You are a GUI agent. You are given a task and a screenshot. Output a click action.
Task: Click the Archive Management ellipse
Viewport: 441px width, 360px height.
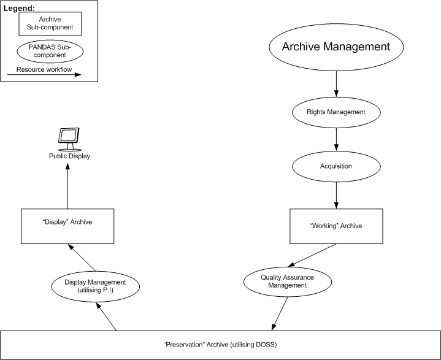click(x=336, y=47)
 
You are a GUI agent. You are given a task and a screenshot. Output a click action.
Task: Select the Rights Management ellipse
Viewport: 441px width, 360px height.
click(x=336, y=112)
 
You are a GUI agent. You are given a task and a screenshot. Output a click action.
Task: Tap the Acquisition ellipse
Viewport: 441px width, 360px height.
click(x=336, y=166)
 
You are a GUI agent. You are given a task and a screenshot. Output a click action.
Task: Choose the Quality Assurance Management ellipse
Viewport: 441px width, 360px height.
click(x=288, y=281)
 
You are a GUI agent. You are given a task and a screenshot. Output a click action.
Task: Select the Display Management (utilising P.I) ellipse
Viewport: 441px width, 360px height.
click(x=95, y=286)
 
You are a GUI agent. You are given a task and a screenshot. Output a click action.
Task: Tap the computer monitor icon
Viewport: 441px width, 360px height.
click(x=68, y=139)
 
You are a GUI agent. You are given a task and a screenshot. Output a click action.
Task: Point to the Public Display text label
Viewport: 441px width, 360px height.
click(x=69, y=156)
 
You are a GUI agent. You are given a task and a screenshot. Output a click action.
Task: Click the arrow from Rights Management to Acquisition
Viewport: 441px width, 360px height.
click(x=336, y=139)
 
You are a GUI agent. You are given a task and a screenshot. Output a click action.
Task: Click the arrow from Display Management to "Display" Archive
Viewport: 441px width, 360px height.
click(x=83, y=257)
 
